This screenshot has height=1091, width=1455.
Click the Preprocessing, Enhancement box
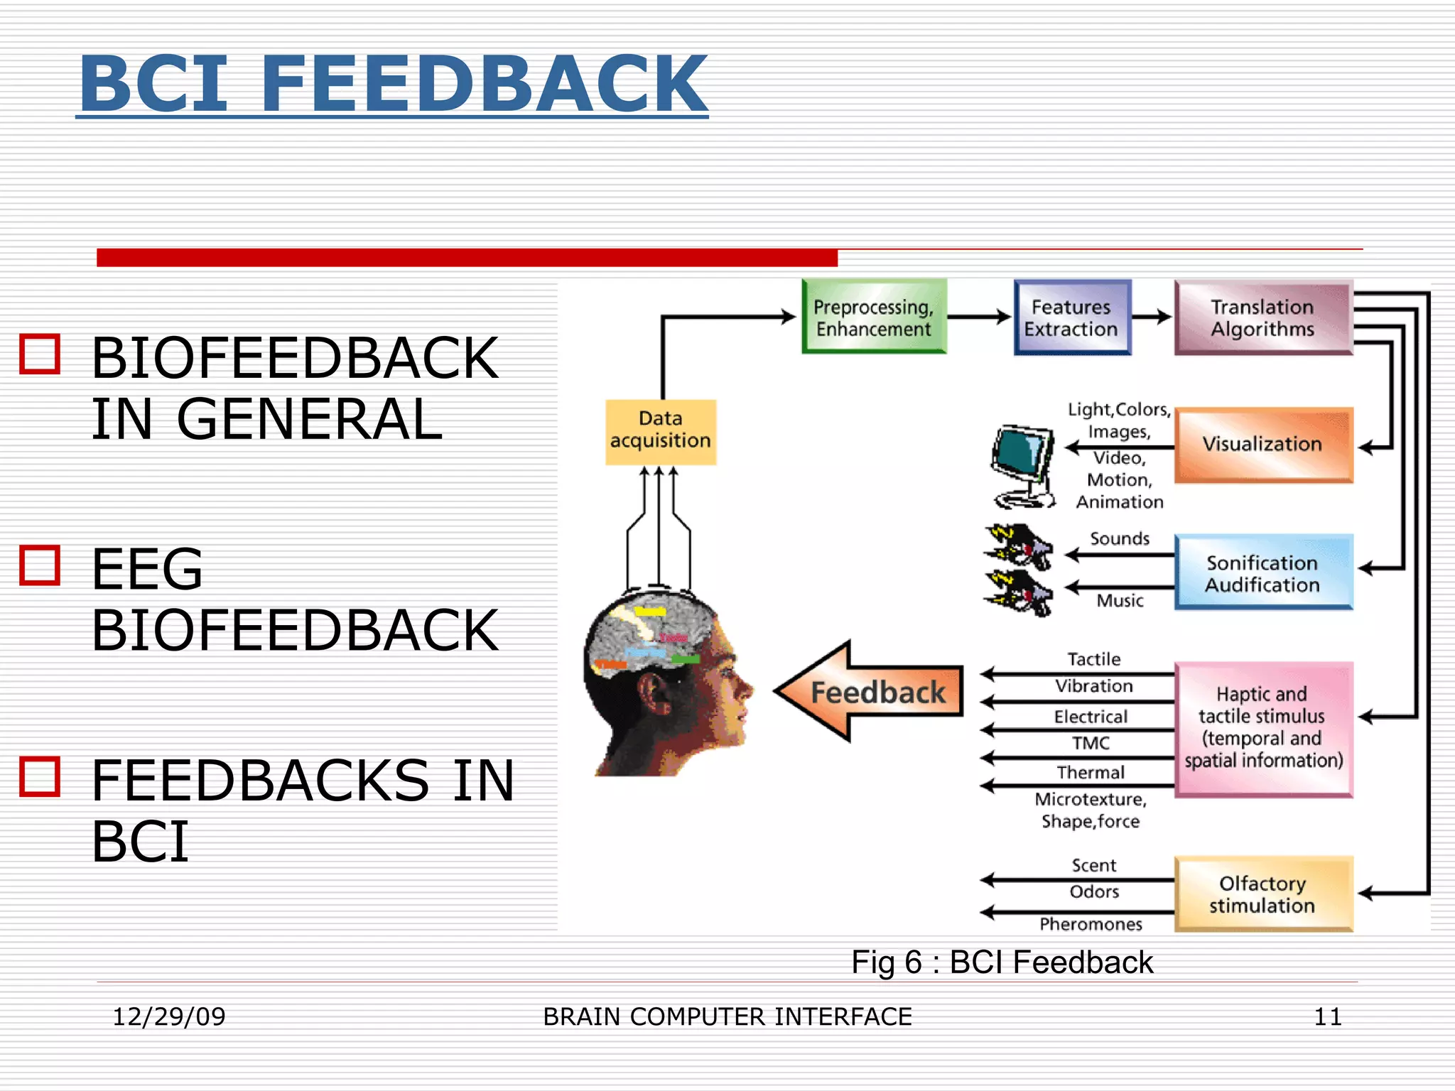[874, 317]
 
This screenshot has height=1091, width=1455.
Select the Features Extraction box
[1071, 317]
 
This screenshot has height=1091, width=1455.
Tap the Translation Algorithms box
[1263, 317]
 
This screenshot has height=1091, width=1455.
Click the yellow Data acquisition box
[660, 431]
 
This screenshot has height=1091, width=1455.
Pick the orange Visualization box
[1263, 445]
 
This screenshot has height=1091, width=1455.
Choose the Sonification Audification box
[1263, 572]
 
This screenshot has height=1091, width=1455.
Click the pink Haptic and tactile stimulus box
[1263, 729]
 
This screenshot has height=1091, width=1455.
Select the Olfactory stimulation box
[1263, 894]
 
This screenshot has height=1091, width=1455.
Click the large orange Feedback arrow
[870, 692]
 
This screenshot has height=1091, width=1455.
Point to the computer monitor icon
[1022, 465]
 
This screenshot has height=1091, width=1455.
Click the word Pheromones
[1091, 924]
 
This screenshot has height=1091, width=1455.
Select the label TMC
[1091, 743]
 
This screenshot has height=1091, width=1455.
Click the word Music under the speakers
[1120, 600]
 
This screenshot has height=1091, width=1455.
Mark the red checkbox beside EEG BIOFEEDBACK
[40, 565]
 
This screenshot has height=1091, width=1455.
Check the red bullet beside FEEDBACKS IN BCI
[40, 776]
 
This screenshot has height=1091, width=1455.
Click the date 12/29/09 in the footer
[169, 1016]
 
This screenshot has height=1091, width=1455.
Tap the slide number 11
[1327, 1016]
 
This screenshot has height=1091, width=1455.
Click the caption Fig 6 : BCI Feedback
[1002, 962]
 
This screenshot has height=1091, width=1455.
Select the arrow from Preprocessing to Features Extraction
[979, 317]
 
